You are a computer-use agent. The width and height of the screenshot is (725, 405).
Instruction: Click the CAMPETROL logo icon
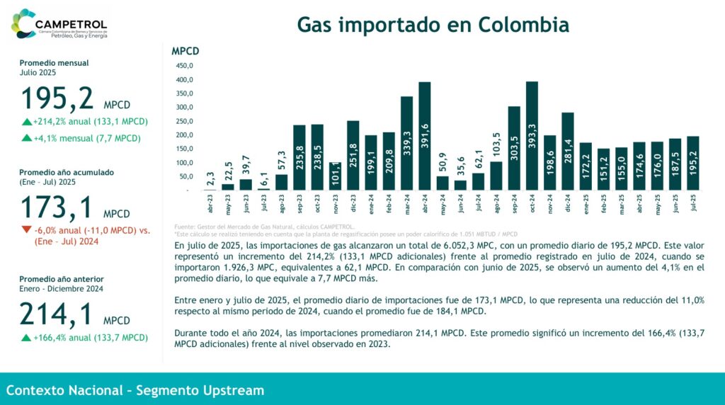click(23, 23)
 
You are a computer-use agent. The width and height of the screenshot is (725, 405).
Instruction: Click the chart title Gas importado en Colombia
click(433, 24)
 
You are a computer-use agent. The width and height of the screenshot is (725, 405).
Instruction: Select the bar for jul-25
click(692, 164)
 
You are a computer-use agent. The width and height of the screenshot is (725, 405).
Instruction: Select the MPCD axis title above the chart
click(185, 51)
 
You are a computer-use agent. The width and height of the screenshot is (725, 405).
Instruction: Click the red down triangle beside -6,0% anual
click(26, 229)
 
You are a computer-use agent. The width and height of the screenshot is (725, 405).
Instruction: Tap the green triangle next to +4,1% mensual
click(26, 138)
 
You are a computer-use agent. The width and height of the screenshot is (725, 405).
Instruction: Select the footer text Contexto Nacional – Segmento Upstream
click(135, 390)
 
